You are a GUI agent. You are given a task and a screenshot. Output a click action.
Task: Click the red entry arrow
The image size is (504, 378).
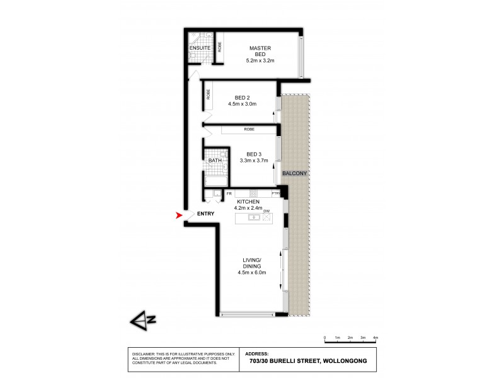coord(179,215)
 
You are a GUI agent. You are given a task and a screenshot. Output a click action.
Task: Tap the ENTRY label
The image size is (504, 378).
coord(205,214)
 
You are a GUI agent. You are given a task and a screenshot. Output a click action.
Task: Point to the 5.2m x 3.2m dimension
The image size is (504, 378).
coord(260,61)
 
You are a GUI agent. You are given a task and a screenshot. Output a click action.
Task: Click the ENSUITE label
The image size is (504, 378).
coord(200,48)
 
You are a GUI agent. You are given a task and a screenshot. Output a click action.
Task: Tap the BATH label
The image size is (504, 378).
coord(215,161)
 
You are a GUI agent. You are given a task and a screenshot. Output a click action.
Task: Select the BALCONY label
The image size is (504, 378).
coord(294,173)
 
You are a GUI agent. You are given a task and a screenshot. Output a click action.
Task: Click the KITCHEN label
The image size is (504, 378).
coord(248,202)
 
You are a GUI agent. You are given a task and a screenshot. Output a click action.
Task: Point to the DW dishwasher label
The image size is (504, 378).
coord(266,211)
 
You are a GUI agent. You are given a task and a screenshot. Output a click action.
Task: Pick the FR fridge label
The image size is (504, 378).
coord(229,193)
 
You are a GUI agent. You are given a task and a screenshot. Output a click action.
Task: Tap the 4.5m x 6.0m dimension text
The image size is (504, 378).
coord(252,272)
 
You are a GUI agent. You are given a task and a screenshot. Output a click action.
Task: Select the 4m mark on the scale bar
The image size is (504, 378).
coord(375,338)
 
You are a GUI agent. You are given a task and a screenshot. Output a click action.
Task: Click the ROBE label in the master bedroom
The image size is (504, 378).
coord(220,47)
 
